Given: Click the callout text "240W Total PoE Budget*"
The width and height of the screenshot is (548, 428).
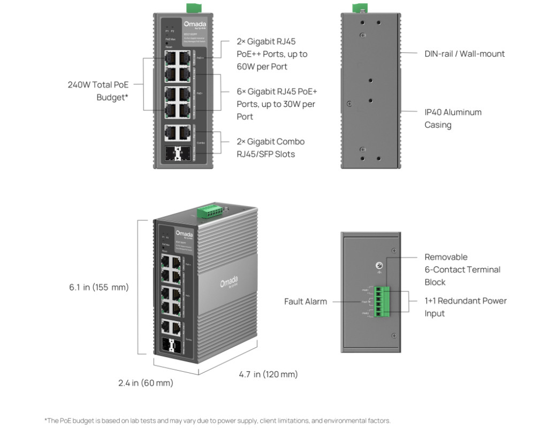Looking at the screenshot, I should pos(98,91).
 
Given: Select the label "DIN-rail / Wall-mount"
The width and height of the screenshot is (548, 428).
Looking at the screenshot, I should pos(465,53).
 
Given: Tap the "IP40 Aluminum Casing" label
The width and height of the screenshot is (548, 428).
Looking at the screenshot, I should pos(453,118).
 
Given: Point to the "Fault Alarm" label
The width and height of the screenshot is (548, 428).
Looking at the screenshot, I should pos(305,302).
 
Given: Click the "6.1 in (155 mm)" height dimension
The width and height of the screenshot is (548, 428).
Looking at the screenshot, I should pos(99,287).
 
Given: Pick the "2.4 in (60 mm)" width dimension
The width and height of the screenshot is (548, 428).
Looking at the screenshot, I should pos(146,383).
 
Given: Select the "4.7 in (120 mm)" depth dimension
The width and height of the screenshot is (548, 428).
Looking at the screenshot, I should pos(268,374).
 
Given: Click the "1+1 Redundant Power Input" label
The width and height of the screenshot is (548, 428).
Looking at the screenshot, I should pos(465,307).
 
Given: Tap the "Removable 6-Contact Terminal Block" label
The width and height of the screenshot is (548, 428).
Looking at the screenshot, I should pos(462,270).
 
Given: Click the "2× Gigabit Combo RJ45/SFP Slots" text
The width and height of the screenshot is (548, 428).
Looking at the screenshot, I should pos(270,148).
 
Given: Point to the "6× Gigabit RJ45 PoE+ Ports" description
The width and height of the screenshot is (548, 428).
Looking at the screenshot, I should pos(277,104).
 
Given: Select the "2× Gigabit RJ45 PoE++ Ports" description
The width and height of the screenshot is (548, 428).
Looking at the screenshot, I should pos(272,53).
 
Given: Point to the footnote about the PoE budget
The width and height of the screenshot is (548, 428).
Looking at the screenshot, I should pos(217,421).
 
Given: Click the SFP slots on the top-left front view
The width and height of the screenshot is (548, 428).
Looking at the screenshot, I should pos(177,154).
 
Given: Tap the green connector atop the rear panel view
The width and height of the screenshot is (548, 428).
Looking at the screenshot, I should pos(360,7).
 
